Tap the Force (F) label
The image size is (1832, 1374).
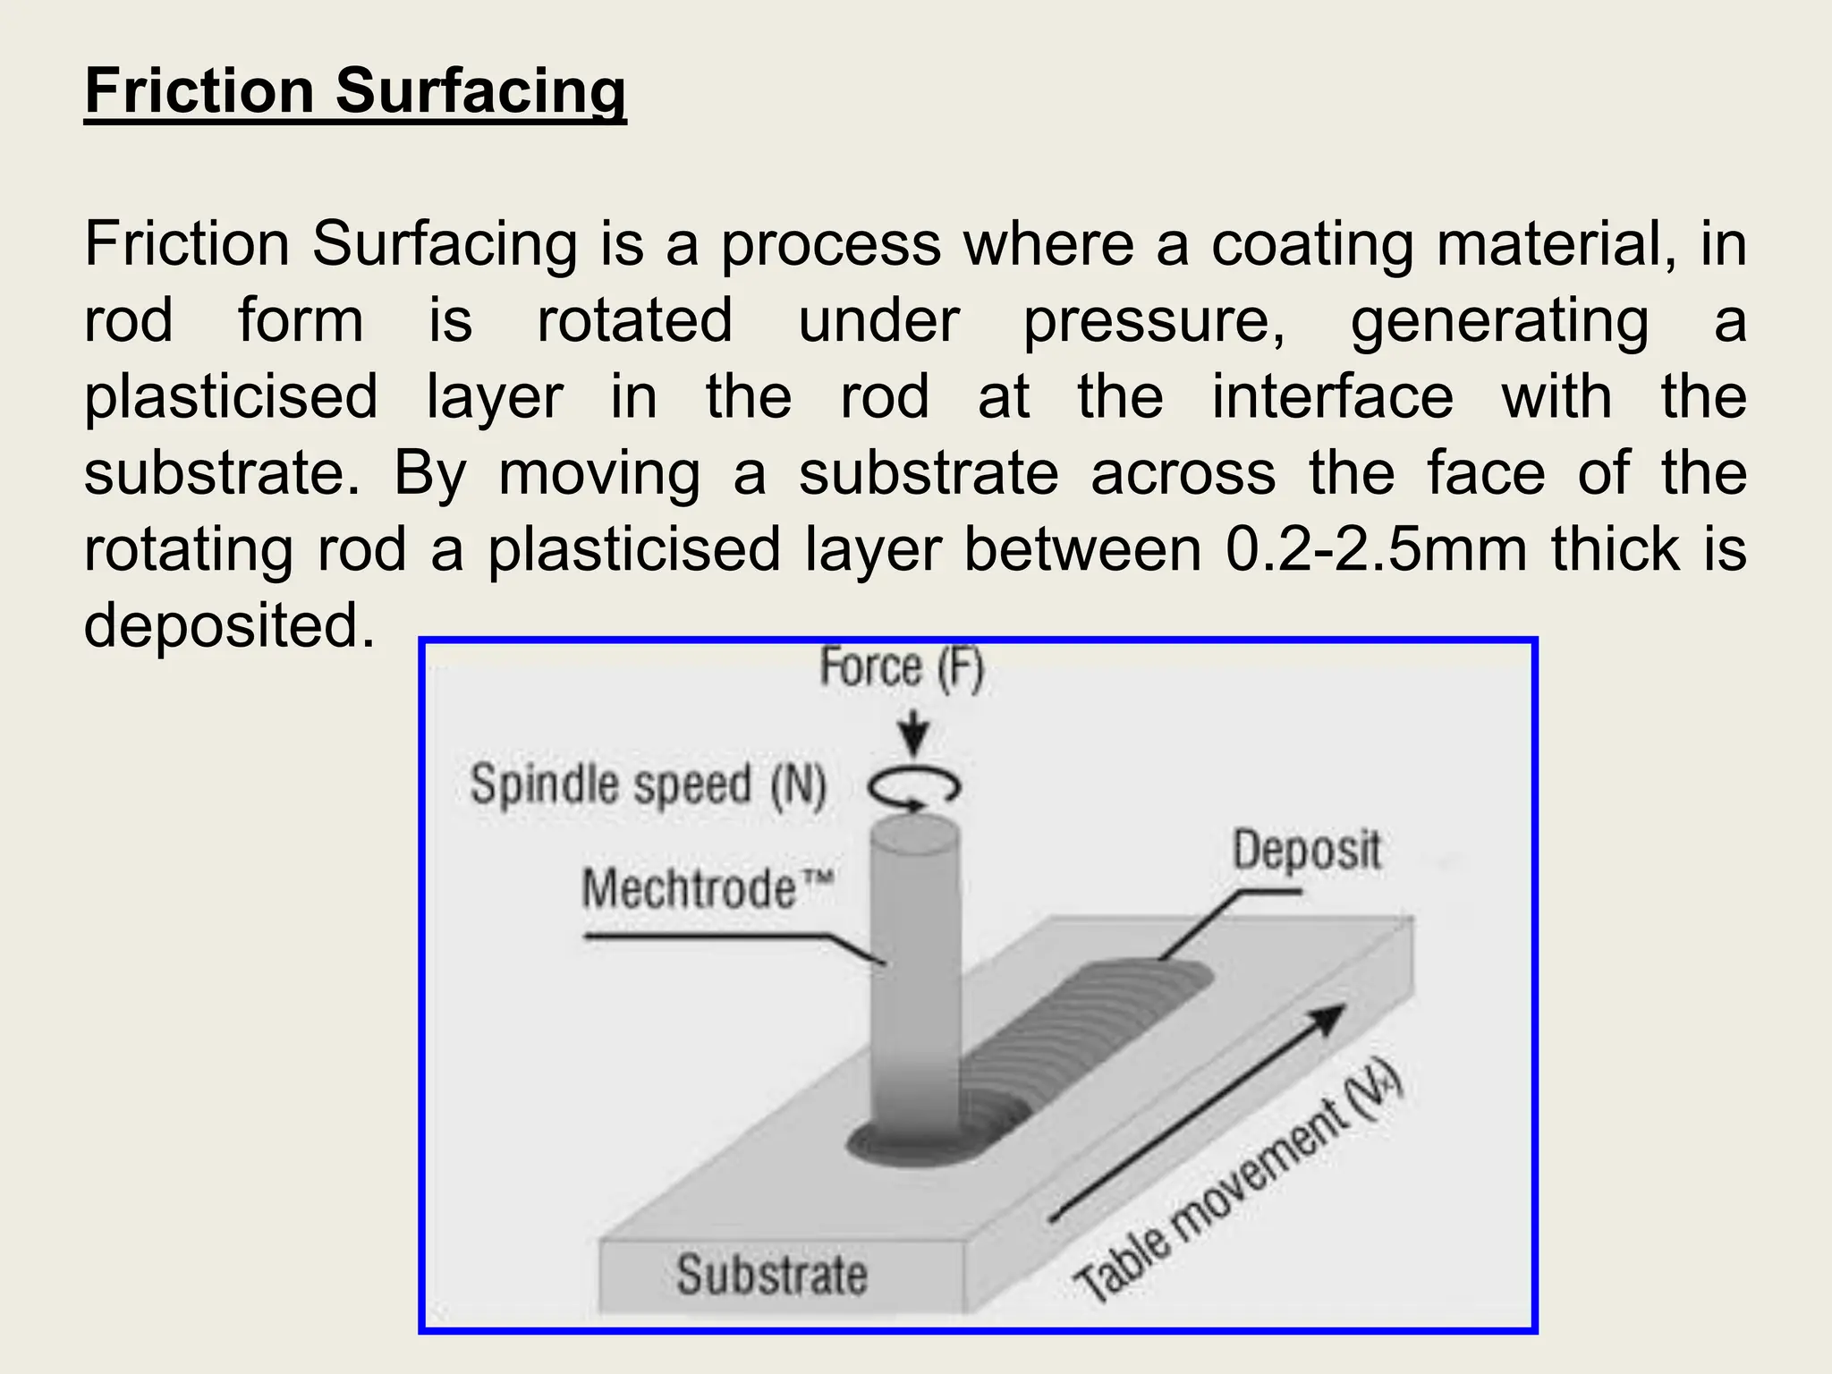click(x=901, y=668)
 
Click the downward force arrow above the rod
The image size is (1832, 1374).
click(x=913, y=734)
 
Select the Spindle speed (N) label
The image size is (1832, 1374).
click(x=648, y=785)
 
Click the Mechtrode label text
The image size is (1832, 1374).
click(x=707, y=889)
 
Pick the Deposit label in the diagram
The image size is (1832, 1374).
click(x=1306, y=850)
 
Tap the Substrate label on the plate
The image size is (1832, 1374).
click(x=771, y=1274)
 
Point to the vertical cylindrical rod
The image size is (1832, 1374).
click(x=914, y=984)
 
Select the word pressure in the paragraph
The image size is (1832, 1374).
click(x=1154, y=320)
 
